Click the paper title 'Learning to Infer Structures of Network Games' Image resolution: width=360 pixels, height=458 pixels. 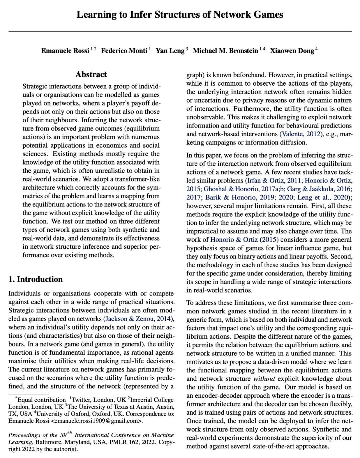pyautogui.click(x=180, y=15)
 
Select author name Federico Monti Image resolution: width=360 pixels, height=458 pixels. pyautogui.click(x=124, y=51)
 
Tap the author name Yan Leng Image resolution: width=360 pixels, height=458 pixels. pyautogui.click(x=170, y=51)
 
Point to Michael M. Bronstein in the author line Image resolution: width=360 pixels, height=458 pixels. pyautogui.click(x=225, y=51)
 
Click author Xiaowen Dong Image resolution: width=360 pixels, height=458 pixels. pyautogui.click(x=292, y=51)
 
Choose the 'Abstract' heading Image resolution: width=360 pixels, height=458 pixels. pyautogui.click(x=91, y=74)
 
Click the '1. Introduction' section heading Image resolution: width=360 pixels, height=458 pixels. pyautogui.click(x=36, y=279)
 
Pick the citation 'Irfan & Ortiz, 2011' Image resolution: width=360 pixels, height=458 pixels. pyautogui.click(x=274, y=181)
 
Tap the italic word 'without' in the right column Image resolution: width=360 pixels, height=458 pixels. pyautogui.click(x=264, y=379)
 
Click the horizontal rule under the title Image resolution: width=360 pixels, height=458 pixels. pyautogui.click(x=180, y=31)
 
